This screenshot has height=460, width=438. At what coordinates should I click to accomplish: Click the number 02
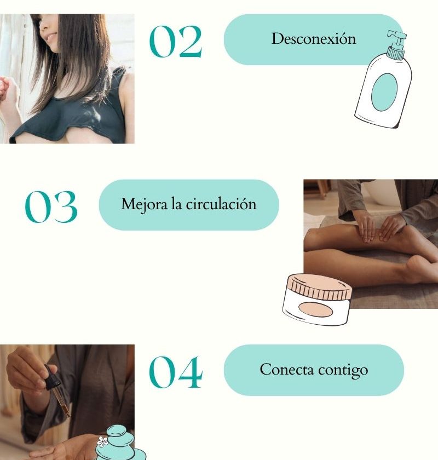coord(176,42)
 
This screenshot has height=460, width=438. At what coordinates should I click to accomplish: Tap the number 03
coord(51,206)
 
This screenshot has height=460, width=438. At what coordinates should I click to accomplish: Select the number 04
coord(176,372)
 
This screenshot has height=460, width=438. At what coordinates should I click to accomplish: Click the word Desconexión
coord(314,39)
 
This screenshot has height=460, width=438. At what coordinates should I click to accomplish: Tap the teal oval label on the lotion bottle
coord(384,92)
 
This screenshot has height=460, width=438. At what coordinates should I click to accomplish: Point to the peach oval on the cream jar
coord(315,309)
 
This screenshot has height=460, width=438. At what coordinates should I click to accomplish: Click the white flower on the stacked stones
coord(103,441)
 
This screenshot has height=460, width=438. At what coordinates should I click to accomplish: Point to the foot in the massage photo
coord(419,268)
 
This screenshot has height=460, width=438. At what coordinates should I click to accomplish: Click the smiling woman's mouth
coord(51,37)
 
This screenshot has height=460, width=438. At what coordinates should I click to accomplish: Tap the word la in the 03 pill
coord(176,204)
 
